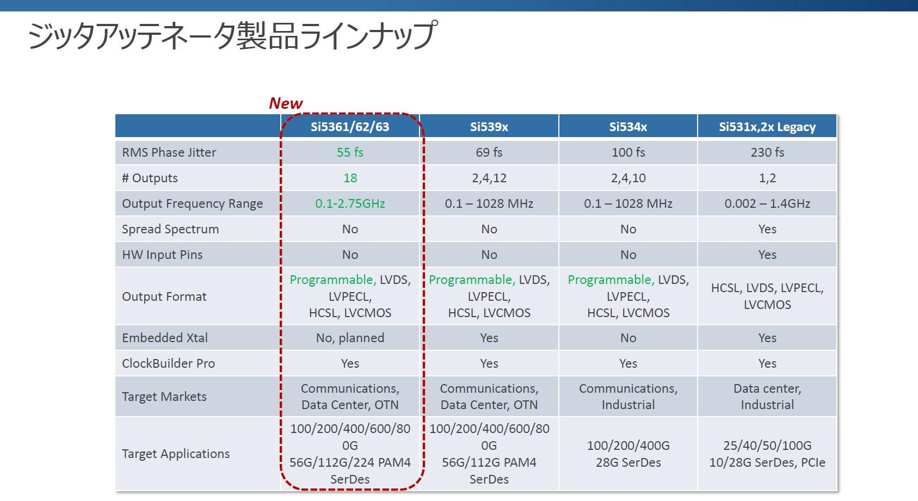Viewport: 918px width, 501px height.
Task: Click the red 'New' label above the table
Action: pyautogui.click(x=286, y=103)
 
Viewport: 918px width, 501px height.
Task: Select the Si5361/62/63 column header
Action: pyautogui.click(x=350, y=127)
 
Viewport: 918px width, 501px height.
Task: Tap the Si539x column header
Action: pyautogui.click(x=489, y=127)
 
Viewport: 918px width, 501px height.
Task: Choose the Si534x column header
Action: pyautogui.click(x=628, y=127)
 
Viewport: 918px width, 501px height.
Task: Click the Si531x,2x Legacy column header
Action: pyautogui.click(x=767, y=127)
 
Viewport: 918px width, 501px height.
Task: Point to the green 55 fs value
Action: pyautogui.click(x=350, y=152)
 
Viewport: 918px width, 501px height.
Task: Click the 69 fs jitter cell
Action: pyautogui.click(x=489, y=152)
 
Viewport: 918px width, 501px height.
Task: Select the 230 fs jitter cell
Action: pyautogui.click(x=767, y=152)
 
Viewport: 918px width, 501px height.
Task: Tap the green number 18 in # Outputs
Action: pyautogui.click(x=350, y=178)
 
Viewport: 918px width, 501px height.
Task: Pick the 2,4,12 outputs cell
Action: pyautogui.click(x=489, y=178)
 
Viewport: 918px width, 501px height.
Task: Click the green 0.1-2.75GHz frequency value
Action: pyautogui.click(x=350, y=203)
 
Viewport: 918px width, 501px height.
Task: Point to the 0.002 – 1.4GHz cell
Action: pyautogui.click(x=767, y=203)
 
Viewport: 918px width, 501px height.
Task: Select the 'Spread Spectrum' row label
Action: pyautogui.click(x=170, y=229)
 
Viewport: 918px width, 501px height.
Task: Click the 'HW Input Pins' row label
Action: pyautogui.click(x=162, y=255)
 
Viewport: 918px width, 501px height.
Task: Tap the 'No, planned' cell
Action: pyautogui.click(x=350, y=338)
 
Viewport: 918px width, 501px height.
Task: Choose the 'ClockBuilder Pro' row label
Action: pyautogui.click(x=169, y=363)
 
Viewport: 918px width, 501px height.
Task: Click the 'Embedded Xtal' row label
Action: pyautogui.click(x=165, y=338)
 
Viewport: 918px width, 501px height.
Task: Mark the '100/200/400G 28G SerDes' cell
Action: pyautogui.click(x=629, y=454)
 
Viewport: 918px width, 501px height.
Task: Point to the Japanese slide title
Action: pyautogui.click(x=232, y=36)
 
